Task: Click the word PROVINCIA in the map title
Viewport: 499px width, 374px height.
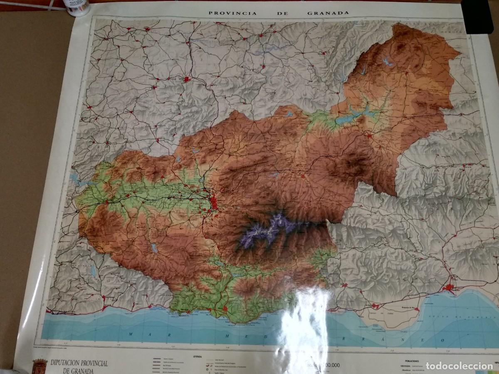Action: pyautogui.click(x=227, y=12)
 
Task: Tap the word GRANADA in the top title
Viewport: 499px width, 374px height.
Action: pyautogui.click(x=328, y=12)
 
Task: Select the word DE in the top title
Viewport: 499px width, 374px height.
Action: pyautogui.click(x=280, y=12)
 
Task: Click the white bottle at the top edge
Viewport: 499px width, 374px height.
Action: pyautogui.click(x=78, y=8)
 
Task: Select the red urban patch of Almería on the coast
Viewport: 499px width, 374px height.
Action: pyautogui.click(x=450, y=288)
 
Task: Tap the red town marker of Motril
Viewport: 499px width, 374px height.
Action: pyautogui.click(x=225, y=309)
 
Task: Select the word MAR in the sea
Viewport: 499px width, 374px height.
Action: pyautogui.click(x=136, y=334)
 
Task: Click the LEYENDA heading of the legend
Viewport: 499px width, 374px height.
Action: pyautogui.click(x=195, y=356)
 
